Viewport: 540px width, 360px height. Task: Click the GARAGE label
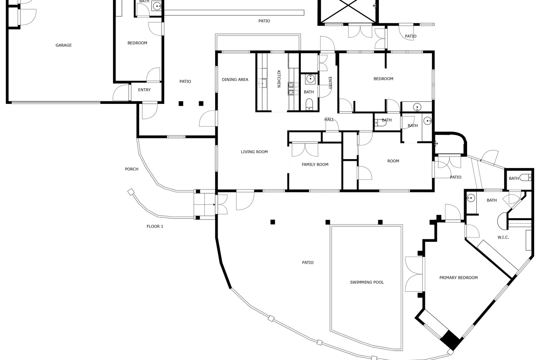tap(63, 45)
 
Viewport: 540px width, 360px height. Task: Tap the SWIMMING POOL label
tap(367, 282)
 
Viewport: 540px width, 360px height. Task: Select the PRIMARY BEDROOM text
tap(458, 278)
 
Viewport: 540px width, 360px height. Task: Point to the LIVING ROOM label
tap(254, 152)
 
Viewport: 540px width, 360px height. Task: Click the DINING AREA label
tap(235, 80)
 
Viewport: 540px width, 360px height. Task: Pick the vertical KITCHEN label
tap(279, 79)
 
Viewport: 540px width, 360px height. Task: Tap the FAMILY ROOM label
tap(315, 165)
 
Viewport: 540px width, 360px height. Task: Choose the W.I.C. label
tap(503, 237)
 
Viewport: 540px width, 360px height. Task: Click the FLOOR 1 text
tap(155, 226)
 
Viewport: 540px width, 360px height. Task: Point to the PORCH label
tap(131, 169)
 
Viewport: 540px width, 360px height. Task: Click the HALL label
tap(329, 119)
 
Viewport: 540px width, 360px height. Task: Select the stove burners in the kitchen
tap(293, 89)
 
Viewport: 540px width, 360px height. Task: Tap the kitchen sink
tap(262, 83)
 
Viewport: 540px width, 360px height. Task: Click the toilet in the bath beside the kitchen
tap(309, 104)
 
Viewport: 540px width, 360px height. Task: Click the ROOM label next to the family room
tap(393, 161)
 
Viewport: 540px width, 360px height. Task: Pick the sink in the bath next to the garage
tap(157, 6)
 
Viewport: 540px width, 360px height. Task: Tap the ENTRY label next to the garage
tap(144, 90)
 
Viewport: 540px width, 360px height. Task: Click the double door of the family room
tap(305, 149)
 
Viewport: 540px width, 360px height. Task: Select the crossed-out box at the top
tap(348, 11)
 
